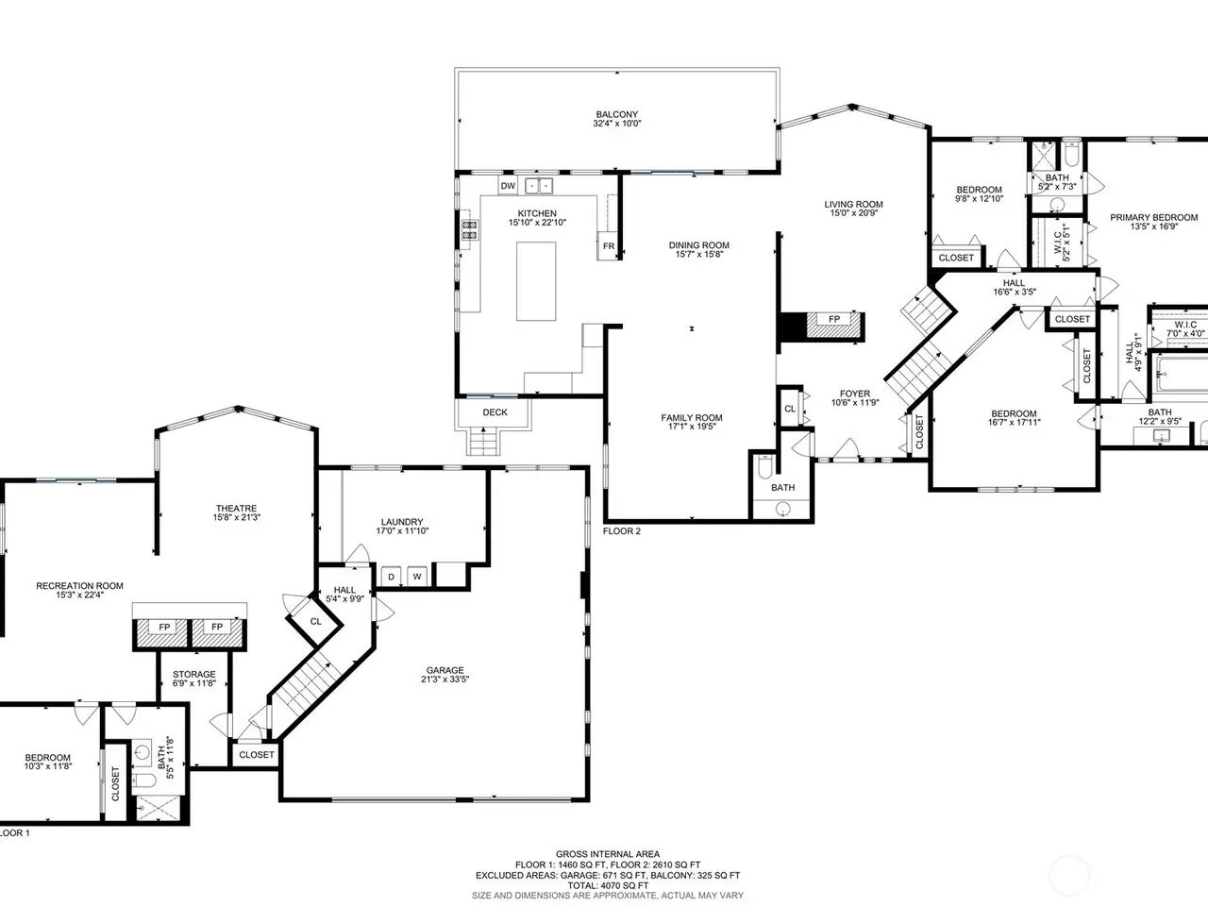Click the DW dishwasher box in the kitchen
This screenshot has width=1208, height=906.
(x=508, y=185)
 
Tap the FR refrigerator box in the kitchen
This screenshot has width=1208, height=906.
(x=608, y=246)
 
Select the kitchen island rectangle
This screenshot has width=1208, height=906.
(x=535, y=281)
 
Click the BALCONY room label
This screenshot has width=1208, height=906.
(x=617, y=114)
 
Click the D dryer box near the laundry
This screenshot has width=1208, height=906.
(x=391, y=577)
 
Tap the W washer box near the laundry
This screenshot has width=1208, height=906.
(x=417, y=577)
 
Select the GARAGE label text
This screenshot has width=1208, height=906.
(x=445, y=670)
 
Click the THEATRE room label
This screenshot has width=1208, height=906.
(x=236, y=509)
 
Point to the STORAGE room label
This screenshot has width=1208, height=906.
(x=193, y=674)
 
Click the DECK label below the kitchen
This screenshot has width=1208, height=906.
(x=495, y=412)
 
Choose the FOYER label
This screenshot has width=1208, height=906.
(x=855, y=394)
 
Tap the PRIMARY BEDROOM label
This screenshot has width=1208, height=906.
(x=1153, y=217)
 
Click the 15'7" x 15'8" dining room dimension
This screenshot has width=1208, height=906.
(x=699, y=254)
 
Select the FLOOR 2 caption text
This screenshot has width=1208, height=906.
(x=621, y=530)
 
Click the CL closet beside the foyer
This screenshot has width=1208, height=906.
(x=790, y=408)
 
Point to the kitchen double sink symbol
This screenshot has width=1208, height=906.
(x=538, y=186)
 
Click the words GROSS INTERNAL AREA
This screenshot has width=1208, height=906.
(x=608, y=854)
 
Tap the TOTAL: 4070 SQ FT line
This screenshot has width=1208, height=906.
(x=608, y=885)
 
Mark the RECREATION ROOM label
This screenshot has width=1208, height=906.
(x=79, y=586)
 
